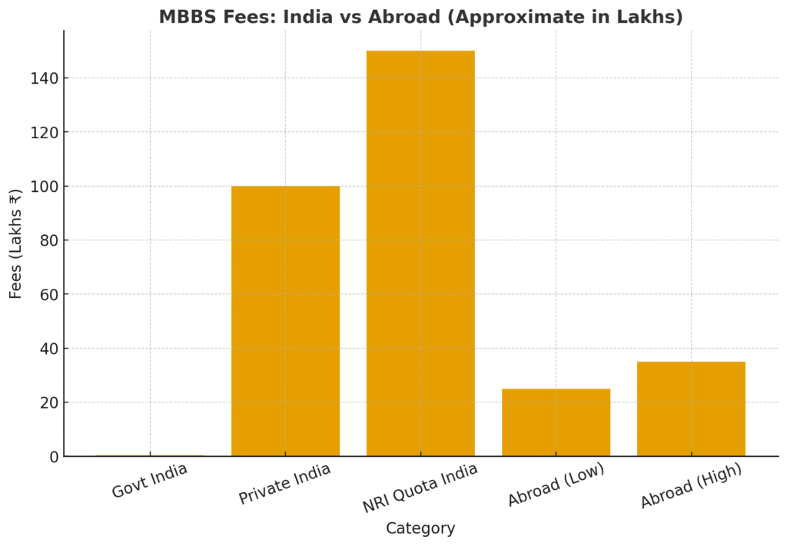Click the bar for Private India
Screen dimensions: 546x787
click(285, 321)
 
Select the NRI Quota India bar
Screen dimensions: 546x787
click(420, 253)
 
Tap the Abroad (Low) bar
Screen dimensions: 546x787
click(556, 422)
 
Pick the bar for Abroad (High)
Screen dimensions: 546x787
click(691, 409)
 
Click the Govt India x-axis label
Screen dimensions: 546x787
click(149, 481)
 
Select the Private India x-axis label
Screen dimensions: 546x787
click(284, 484)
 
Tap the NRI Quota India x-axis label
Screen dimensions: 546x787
click(420, 488)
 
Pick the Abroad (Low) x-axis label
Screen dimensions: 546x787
click(556, 485)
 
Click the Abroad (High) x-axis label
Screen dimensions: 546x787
click(691, 486)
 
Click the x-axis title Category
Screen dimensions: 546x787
click(420, 528)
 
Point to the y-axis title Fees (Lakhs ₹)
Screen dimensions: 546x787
click(16, 243)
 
